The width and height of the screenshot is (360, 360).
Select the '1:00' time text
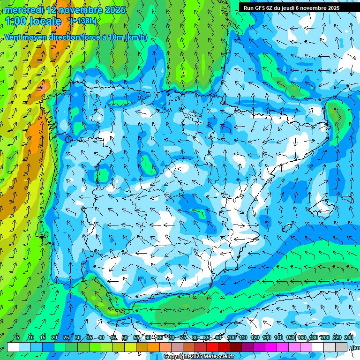click(16, 21)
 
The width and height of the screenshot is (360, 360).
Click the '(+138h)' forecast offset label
click(83, 21)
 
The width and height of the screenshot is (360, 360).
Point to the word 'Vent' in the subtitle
click(13, 37)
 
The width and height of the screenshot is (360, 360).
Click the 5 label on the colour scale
click(18, 338)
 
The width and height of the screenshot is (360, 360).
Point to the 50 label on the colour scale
click(124, 338)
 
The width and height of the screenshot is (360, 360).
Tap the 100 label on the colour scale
click(232, 338)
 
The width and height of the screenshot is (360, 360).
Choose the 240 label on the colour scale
click(348, 338)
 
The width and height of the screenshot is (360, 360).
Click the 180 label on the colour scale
click(313, 338)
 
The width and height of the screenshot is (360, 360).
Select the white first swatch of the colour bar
click(13, 347)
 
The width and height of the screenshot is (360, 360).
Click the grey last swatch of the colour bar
click(341, 347)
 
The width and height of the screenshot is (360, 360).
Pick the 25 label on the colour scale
click(66, 338)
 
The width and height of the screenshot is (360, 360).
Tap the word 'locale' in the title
click(45, 21)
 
